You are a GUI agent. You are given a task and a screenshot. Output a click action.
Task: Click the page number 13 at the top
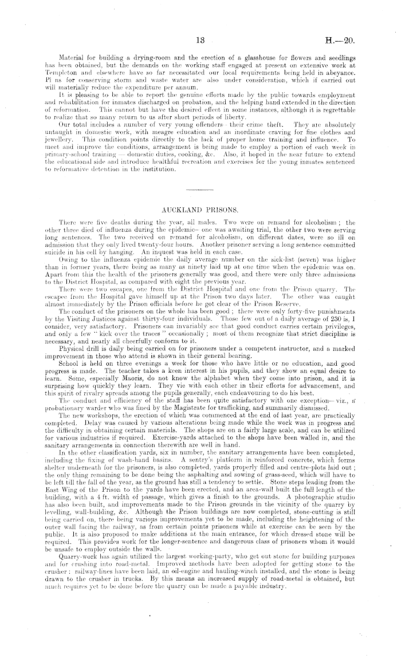[x=200, y=41]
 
